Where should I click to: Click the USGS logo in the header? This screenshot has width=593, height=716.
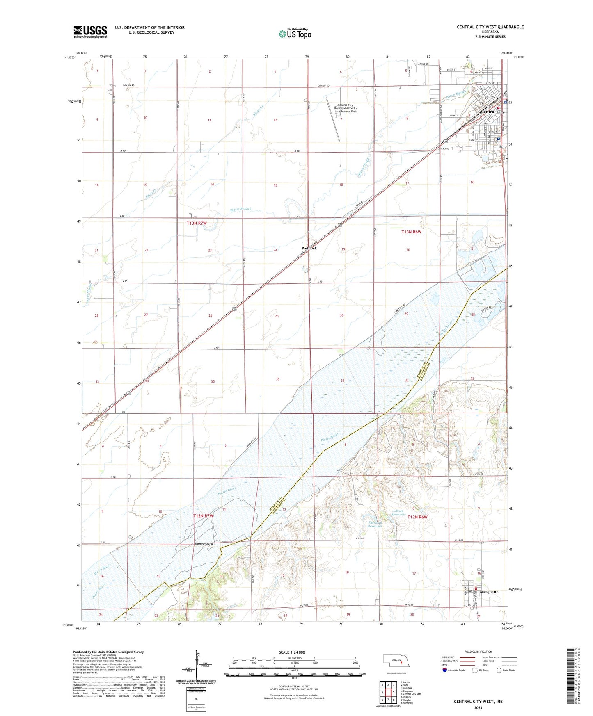pos(90,32)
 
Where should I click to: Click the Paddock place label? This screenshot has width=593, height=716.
pos(309,248)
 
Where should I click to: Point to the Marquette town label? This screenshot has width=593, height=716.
pos(488,592)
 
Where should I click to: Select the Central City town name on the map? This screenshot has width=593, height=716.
pos(492,112)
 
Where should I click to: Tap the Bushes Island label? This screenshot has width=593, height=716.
pos(204,544)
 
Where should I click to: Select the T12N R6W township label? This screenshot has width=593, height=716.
pos(417,517)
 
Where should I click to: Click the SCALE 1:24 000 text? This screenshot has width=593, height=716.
pos(292,652)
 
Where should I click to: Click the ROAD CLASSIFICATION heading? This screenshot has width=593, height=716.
pos(478,652)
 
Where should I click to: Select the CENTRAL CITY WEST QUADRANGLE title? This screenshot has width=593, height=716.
pos(490,27)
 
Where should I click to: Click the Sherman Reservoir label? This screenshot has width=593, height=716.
pos(375,524)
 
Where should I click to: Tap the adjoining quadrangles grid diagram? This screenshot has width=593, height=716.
pos(388,692)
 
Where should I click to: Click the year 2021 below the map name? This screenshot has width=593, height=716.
pos(478,708)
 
